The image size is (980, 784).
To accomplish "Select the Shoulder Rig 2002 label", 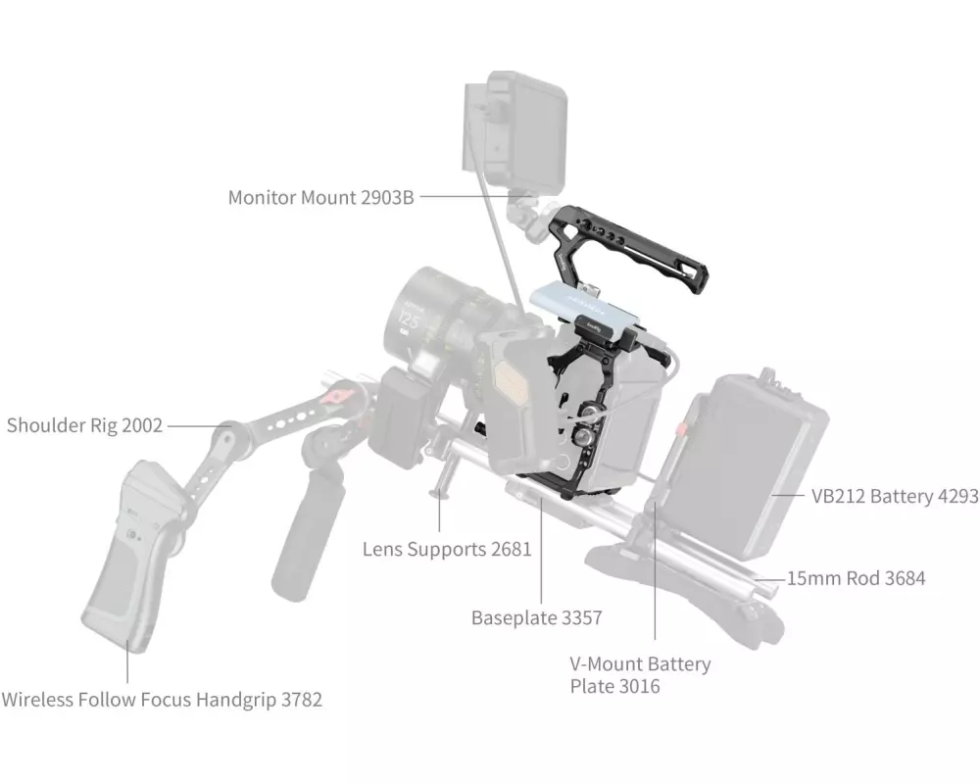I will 85,425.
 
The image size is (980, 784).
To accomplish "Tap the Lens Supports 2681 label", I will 447,549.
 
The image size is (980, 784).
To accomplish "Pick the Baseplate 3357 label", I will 536,617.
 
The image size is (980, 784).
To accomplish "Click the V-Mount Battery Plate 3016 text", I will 640,675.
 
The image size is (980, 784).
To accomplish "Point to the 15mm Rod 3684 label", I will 856,578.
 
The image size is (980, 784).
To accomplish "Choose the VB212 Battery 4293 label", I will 894,496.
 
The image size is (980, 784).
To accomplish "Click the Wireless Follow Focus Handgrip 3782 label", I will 162,700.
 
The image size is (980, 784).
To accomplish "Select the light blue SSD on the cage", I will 588,304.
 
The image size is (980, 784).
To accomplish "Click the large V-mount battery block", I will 755,461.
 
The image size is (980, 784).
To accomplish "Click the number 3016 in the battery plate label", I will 639,687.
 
